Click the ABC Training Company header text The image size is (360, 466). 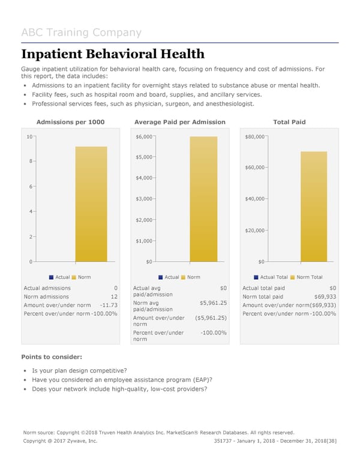(x=81, y=32)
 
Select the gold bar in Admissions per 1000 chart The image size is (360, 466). (x=91, y=204)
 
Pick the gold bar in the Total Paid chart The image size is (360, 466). (x=314, y=207)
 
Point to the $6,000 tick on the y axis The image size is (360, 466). (x=145, y=137)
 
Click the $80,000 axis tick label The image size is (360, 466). (x=255, y=137)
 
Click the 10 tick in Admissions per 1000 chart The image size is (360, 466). (x=29, y=137)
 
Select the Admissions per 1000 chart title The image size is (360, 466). (x=71, y=122)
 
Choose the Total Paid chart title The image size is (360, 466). (x=289, y=122)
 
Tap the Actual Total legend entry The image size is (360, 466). (x=274, y=277)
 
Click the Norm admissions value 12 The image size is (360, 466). (x=113, y=297)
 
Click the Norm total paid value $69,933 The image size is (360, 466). (x=325, y=297)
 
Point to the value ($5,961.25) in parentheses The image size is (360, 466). (x=210, y=318)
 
